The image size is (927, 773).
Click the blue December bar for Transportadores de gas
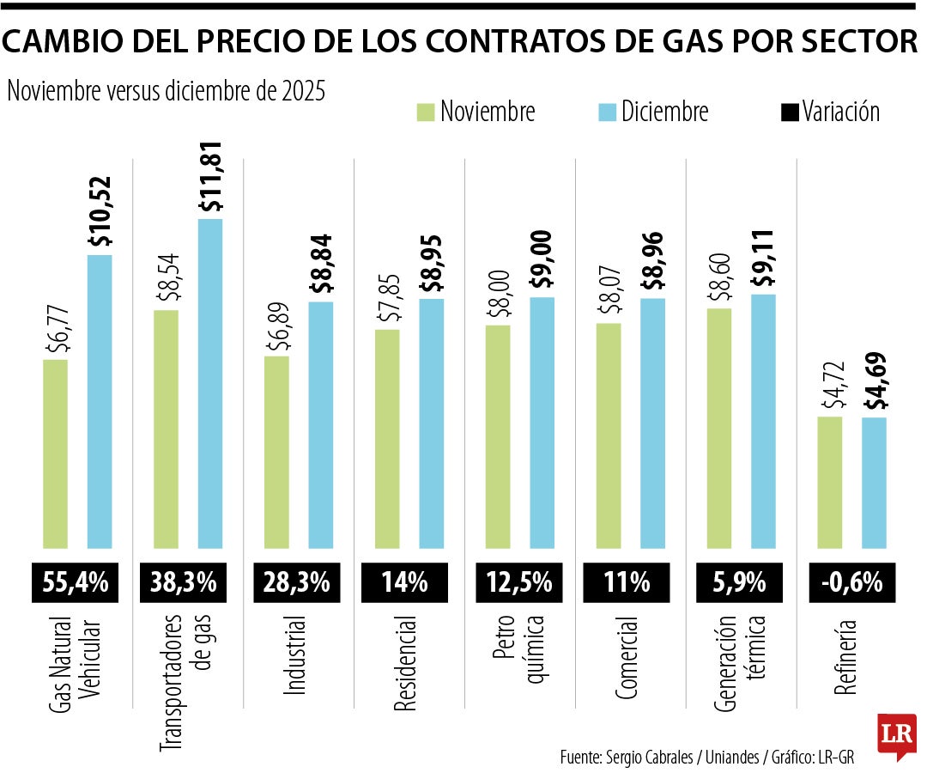point(210,383)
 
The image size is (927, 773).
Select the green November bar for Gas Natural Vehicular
point(55,453)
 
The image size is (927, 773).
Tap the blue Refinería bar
point(874,482)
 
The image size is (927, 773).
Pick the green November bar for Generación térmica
point(719,427)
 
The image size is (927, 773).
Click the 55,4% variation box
point(76,582)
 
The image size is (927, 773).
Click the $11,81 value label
point(210,178)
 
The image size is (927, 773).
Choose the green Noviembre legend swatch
point(426,113)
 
